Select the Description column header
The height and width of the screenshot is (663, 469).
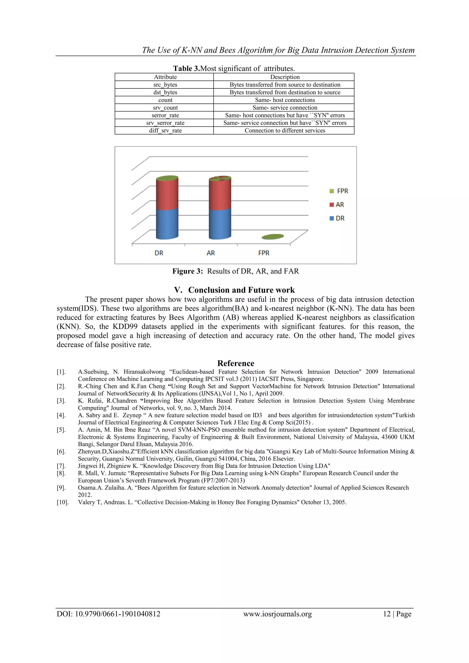coord(285,77)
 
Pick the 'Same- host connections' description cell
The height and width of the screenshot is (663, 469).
coord(285,100)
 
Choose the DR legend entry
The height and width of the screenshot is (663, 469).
coord(337,218)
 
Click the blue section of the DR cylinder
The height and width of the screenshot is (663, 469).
coord(167,224)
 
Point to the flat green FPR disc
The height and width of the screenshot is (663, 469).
coord(273,237)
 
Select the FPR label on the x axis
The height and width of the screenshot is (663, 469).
coord(264,253)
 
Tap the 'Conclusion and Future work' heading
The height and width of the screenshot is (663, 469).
coord(241,290)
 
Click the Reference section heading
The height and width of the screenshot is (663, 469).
coord(236,363)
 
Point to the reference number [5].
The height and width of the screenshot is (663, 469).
coord(61,430)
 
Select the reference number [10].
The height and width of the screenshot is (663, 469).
coord(62,502)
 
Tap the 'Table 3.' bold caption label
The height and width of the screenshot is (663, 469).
coord(186,68)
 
